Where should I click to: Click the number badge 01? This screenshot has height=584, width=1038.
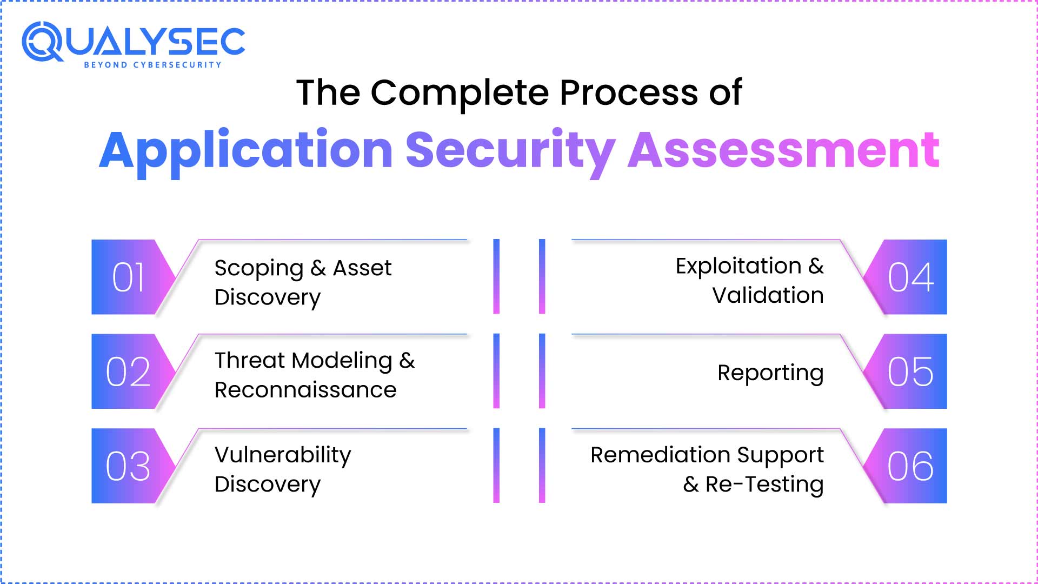pos(129,277)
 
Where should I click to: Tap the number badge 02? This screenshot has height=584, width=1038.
pos(129,371)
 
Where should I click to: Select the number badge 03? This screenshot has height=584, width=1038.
pos(129,466)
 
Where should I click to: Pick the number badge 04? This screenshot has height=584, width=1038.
pos(910,277)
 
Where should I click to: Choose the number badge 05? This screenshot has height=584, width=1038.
pos(910,371)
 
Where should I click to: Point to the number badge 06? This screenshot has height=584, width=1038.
pos(910,466)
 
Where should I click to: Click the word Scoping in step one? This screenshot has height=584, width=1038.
pos(259,269)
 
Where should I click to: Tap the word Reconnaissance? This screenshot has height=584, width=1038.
pos(305,390)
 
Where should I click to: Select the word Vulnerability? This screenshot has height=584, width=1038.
pos(283,455)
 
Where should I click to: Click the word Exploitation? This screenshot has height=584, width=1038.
pos(738,267)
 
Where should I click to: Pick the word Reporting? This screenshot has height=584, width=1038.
pos(770,373)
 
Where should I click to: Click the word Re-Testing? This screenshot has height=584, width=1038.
pos(764,485)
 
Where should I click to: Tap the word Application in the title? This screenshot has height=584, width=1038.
pos(246,150)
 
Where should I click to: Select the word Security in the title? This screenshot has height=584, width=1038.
pos(510,150)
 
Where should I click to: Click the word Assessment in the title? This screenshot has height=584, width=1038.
pos(783,150)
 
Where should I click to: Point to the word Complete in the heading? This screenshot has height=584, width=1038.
pos(460,92)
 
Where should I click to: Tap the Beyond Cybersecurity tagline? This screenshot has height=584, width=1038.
pos(152,65)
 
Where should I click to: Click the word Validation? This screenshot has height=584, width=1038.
pos(768,296)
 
